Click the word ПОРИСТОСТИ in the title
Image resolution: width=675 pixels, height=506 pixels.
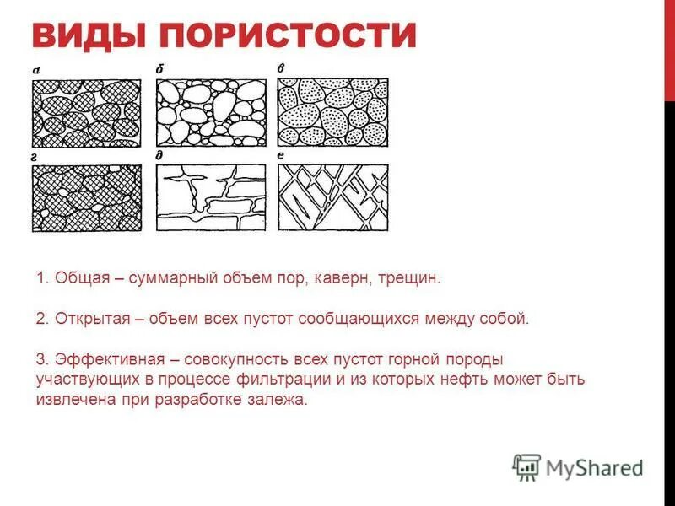[288, 36]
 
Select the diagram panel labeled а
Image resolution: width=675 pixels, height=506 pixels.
[86, 112]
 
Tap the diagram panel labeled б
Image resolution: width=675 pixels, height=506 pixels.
[211, 112]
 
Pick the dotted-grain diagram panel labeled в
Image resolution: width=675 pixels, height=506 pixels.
[333, 112]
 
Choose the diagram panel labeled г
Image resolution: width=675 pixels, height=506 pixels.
[86, 197]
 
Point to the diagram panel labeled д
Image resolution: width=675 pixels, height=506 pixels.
[211, 197]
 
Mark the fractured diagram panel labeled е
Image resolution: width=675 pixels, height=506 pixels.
[333, 197]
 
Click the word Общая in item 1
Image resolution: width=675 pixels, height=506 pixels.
[78, 277]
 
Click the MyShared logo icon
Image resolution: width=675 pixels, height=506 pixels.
[526, 466]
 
